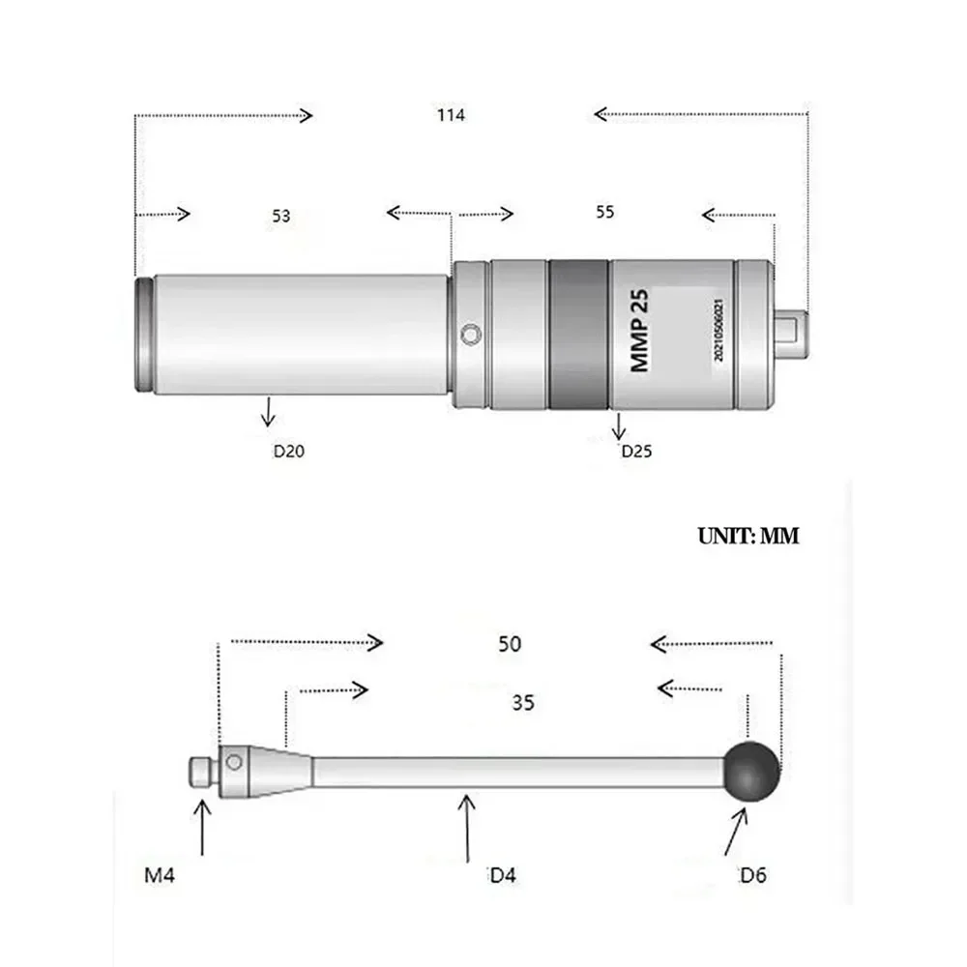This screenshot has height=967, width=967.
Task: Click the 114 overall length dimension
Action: coord(451,115)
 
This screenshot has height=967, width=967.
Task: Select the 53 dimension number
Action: coord(281,216)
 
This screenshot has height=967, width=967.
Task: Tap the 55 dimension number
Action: coord(605,212)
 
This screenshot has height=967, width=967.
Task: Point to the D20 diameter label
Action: coord(288,451)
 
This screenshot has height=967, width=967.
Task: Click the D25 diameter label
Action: coord(636,451)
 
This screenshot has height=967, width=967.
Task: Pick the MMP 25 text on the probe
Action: coord(639,331)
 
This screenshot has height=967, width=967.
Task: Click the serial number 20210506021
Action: coord(718,330)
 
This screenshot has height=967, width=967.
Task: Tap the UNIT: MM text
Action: coord(748,536)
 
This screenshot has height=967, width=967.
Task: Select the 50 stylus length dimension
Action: coord(510,644)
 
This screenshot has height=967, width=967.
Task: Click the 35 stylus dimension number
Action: coord(523,702)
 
